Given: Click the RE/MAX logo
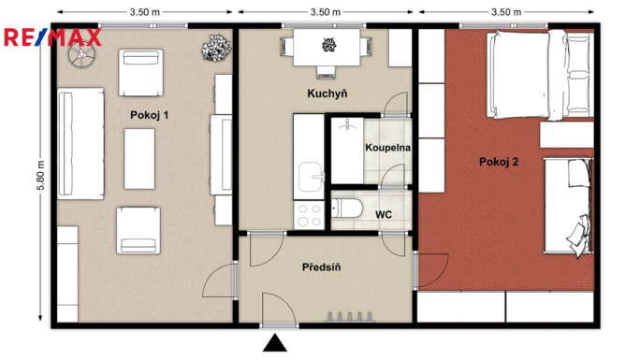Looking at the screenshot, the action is point(52,37).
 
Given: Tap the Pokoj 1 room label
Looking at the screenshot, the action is point(149,115).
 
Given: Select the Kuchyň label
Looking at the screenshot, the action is point(327,94).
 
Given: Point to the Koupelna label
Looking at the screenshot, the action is point(387,148).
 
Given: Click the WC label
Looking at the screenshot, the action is point(384,214).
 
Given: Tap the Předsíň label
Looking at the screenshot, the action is point(321,267).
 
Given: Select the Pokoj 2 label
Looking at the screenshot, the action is point(499,162).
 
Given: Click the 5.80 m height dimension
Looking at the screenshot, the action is point(40,175).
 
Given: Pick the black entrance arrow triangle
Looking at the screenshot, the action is point(275,343).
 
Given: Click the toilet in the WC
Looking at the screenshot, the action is point(346,209).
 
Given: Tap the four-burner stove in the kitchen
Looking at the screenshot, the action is point(309,215).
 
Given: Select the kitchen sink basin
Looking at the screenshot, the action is point(311,177).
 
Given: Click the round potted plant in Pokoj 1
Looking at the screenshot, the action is point(216,49).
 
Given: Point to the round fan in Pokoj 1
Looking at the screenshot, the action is point(81,54).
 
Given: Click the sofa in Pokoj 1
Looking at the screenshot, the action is point(80,143).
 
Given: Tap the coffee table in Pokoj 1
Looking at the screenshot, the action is point(139,159).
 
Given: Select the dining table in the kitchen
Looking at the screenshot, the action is point(327,48).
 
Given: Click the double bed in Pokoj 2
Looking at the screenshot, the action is point(540,76).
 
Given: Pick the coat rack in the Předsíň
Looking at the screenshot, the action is point(350,317).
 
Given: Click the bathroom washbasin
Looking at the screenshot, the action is point(347,124).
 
